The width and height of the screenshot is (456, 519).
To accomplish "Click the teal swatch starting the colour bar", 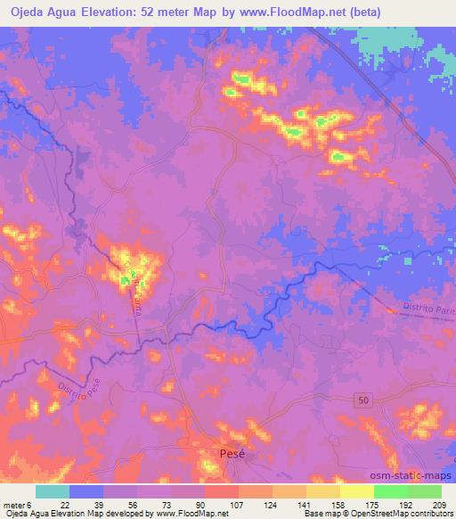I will pyautogui.click(x=53, y=491).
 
